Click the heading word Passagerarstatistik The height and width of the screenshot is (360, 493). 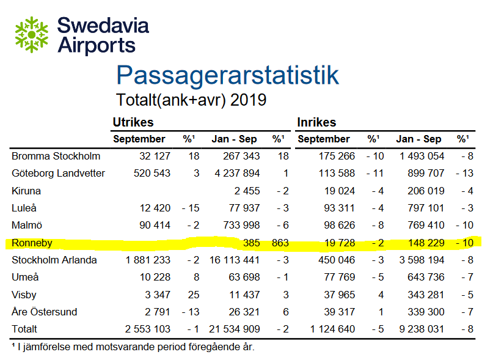click(x=227, y=75)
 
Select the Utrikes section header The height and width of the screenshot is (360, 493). click(x=133, y=122)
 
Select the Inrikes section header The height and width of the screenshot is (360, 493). click(x=316, y=122)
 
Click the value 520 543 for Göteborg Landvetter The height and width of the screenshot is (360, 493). click(x=152, y=173)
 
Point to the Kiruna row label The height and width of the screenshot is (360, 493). click(x=26, y=191)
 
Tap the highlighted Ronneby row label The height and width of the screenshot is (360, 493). click(x=32, y=243)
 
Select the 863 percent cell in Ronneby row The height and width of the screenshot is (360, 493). click(x=279, y=243)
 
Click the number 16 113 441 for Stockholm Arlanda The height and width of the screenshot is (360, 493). click(x=234, y=260)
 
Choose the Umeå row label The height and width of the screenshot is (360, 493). click(x=25, y=277)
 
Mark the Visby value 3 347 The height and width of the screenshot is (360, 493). click(x=159, y=295)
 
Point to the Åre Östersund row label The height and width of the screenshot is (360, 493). click(x=45, y=312)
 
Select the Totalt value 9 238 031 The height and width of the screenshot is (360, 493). click(x=421, y=329)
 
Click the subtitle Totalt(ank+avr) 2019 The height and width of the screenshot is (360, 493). click(x=191, y=100)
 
